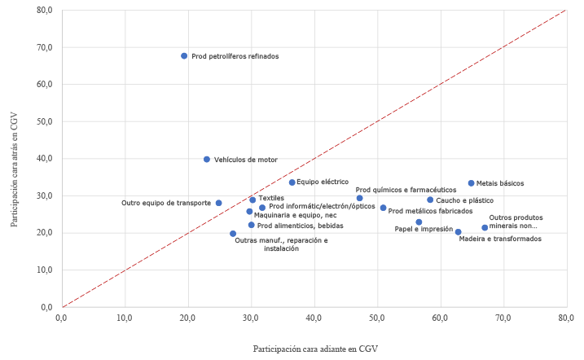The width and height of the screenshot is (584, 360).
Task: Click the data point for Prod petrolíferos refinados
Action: pos(184,56)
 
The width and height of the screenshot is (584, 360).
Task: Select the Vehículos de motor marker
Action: pos(207,160)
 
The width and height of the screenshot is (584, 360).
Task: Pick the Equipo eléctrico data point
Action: pos(292,182)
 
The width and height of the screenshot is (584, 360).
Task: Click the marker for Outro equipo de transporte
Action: pos(218,203)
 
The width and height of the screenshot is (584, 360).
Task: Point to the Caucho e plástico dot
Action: pos(430,200)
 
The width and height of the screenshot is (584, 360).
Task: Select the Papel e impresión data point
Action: pos(419,222)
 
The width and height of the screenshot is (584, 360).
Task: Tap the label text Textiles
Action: pos(271,199)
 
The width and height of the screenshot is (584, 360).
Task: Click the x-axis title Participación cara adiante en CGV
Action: pos(315,348)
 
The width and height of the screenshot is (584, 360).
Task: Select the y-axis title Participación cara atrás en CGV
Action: pos(15,158)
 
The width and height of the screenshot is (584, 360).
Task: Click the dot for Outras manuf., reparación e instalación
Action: pos(233,234)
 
